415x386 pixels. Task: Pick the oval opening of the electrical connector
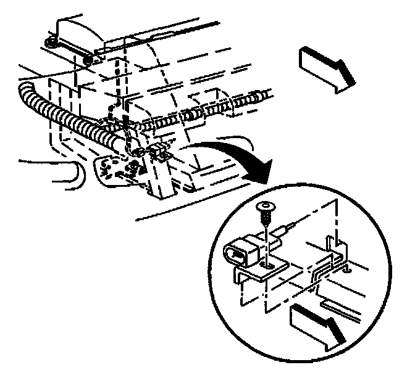[x=236, y=253]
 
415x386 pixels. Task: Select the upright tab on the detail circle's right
[x=337, y=246]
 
